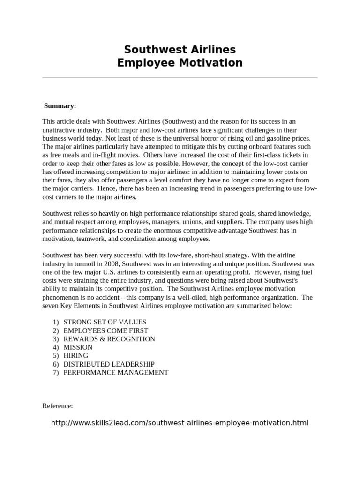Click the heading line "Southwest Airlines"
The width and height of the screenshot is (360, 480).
click(180, 50)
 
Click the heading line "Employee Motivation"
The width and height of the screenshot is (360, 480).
click(180, 63)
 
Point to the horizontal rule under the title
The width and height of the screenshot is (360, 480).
click(180, 78)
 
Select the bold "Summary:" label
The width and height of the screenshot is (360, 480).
click(60, 106)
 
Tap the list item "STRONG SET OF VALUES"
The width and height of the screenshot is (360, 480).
click(105, 322)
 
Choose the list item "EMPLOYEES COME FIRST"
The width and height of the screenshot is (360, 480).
click(105, 330)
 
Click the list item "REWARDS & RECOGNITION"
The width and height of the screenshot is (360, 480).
click(109, 339)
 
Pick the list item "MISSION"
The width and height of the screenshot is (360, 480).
click(78, 347)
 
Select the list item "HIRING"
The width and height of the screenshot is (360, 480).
click(75, 356)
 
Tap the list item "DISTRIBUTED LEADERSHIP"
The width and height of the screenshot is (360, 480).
click(109, 364)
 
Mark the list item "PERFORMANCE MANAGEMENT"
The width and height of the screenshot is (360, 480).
click(115, 373)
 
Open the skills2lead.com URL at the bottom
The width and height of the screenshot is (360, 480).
click(180, 423)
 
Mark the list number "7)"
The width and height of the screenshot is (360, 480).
click(56, 373)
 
